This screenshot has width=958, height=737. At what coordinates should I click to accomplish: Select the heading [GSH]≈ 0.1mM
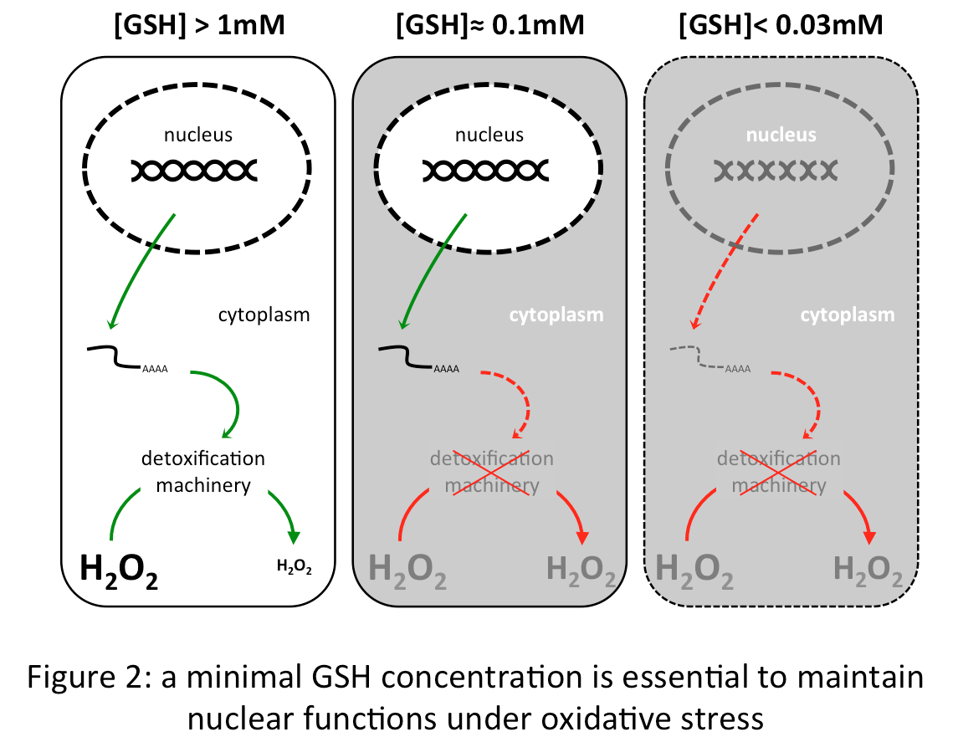point(489,24)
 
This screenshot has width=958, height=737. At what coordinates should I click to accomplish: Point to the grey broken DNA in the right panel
point(776,171)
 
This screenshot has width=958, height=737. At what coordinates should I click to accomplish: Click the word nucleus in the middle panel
point(489,135)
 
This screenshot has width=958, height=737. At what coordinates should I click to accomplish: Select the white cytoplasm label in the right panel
point(848,315)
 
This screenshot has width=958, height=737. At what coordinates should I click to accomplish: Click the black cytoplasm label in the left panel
point(264,315)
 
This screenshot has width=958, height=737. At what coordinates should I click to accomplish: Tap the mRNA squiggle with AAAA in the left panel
point(126,357)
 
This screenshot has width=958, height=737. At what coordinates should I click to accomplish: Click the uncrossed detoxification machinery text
point(203,471)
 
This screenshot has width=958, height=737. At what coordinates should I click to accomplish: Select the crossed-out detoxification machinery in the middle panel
point(491,472)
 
